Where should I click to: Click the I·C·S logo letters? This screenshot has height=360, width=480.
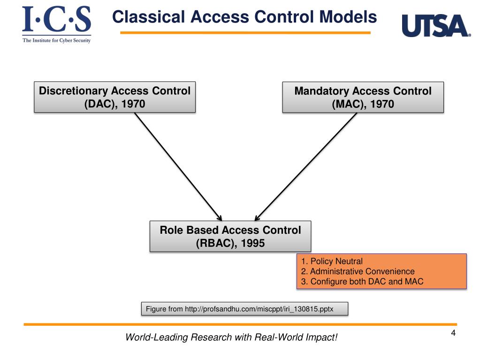pos(57,19)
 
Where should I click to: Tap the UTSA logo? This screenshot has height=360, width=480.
pos(436,26)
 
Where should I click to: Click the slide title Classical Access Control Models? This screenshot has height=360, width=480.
pos(244,17)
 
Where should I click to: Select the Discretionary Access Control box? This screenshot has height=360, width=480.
pos(114,97)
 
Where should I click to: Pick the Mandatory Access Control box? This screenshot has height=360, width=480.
pos(363,97)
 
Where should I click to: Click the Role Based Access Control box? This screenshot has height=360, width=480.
pos(230,237)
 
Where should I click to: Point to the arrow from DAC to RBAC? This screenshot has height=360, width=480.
pos(178,167)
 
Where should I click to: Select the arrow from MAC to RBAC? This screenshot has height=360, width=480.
pos(306,167)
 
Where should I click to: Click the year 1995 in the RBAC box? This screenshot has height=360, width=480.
pos(252,243)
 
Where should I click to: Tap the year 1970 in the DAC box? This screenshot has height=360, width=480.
pos(133,104)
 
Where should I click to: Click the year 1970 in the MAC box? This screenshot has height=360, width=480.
pos(382,104)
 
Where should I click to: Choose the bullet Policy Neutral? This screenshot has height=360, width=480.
pos(332,261)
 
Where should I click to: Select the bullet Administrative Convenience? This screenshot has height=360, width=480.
pos(358,271)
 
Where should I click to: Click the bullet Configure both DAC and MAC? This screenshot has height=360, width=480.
pos(362,281)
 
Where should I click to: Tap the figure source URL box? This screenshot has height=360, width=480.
pos(244,308)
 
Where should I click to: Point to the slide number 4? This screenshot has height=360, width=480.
pos(453,333)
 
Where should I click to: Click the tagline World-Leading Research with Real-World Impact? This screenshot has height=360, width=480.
pos(231,337)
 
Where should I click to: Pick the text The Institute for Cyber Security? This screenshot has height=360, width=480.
pos(57,40)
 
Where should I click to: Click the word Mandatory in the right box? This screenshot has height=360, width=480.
pos(322,91)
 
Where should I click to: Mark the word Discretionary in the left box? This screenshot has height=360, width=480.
pos(74,91)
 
